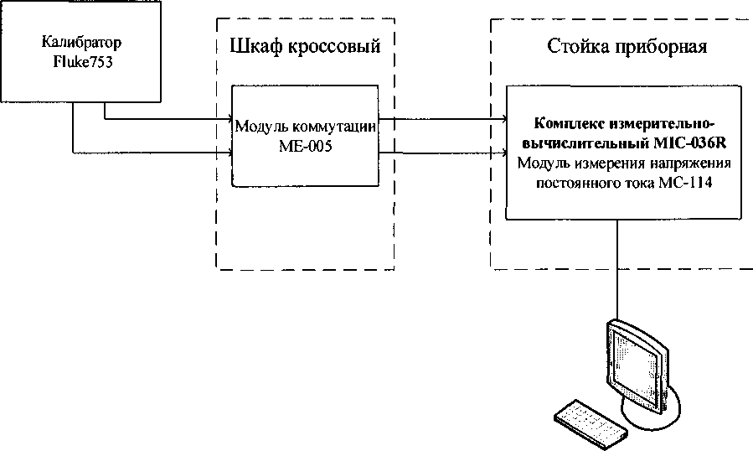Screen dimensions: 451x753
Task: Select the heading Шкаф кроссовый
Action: (x=305, y=46)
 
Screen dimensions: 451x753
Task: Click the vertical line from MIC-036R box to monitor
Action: (x=617, y=268)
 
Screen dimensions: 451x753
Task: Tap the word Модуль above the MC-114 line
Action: (x=545, y=164)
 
